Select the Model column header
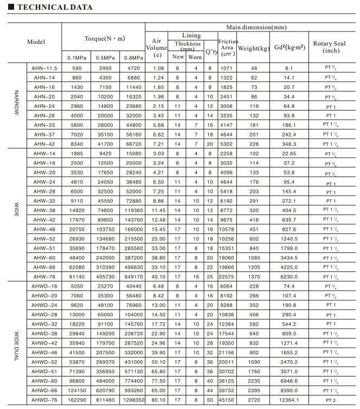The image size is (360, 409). click(x=36, y=42)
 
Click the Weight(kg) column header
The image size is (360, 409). click(x=253, y=48)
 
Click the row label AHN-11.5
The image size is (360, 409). click(x=45, y=68)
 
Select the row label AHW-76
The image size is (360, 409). click(x=44, y=277)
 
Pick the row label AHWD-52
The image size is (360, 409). click(x=44, y=362)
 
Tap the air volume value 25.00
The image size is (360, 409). click(x=158, y=239)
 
